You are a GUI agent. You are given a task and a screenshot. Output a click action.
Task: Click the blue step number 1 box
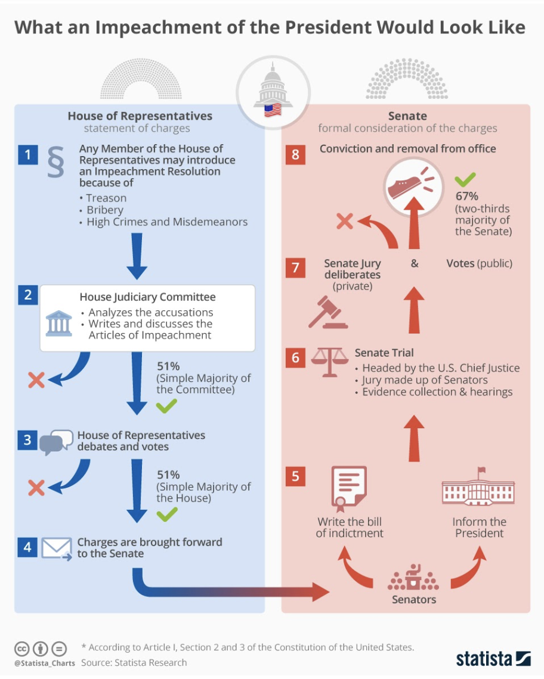[x=27, y=155]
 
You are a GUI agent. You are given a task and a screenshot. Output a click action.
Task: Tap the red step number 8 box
[x=295, y=155]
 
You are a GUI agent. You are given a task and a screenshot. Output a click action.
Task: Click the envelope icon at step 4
[x=56, y=547]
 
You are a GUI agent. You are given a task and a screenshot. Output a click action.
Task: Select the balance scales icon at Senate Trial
[x=329, y=361]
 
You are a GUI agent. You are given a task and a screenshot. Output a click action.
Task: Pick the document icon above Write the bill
[x=348, y=488]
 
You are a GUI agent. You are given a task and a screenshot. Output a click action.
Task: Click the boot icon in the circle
[x=407, y=187]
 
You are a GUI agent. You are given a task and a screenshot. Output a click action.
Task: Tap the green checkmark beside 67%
[x=465, y=178]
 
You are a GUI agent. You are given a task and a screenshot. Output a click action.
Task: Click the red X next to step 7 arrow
[x=344, y=222]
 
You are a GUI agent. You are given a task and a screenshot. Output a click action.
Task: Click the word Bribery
[x=104, y=210]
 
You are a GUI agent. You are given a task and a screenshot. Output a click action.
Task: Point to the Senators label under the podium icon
[x=413, y=599]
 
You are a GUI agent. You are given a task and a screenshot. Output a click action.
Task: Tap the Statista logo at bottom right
[x=493, y=658]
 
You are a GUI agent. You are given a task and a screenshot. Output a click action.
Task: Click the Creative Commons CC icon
[x=22, y=649]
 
